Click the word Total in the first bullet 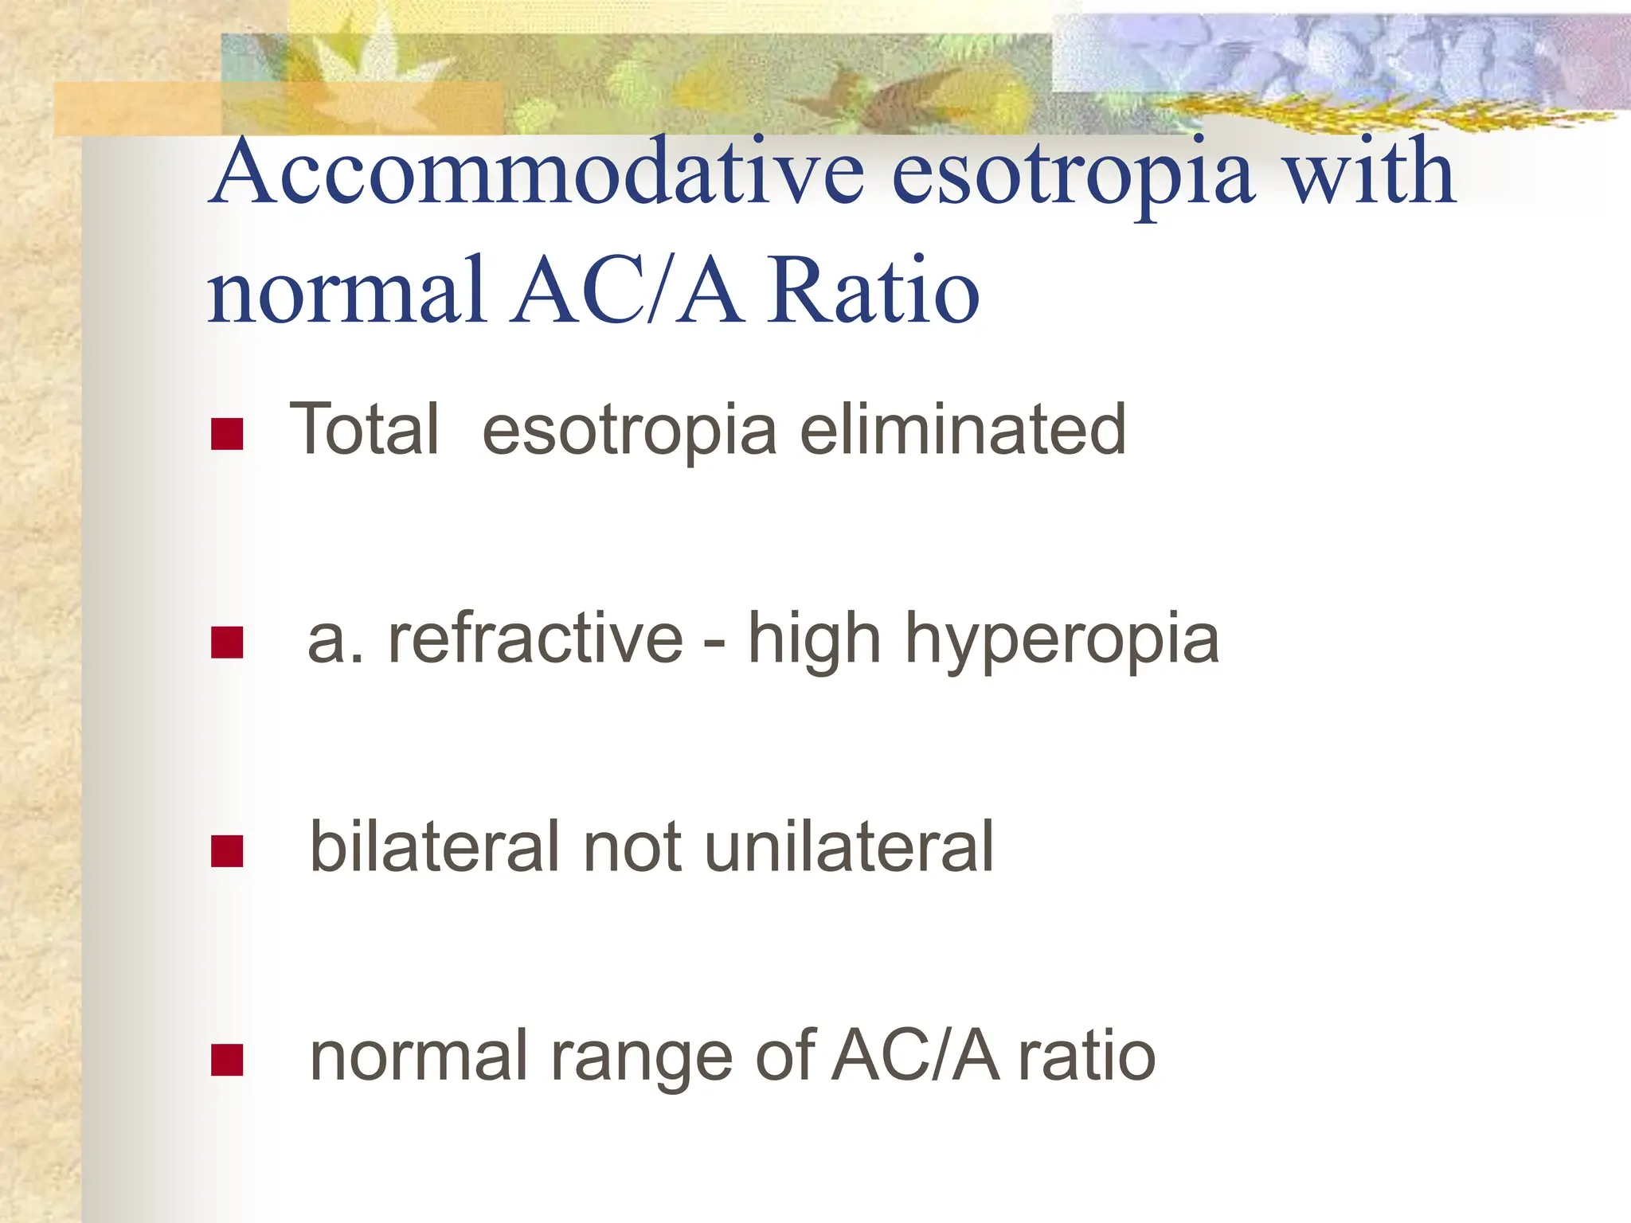pyautogui.click(x=364, y=430)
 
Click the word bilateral pyautogui.click(x=435, y=847)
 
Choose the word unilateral pyautogui.click(x=849, y=847)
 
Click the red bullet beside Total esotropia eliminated pyautogui.click(x=227, y=434)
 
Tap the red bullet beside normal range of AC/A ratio pyautogui.click(x=227, y=1060)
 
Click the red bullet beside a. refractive pyautogui.click(x=227, y=643)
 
